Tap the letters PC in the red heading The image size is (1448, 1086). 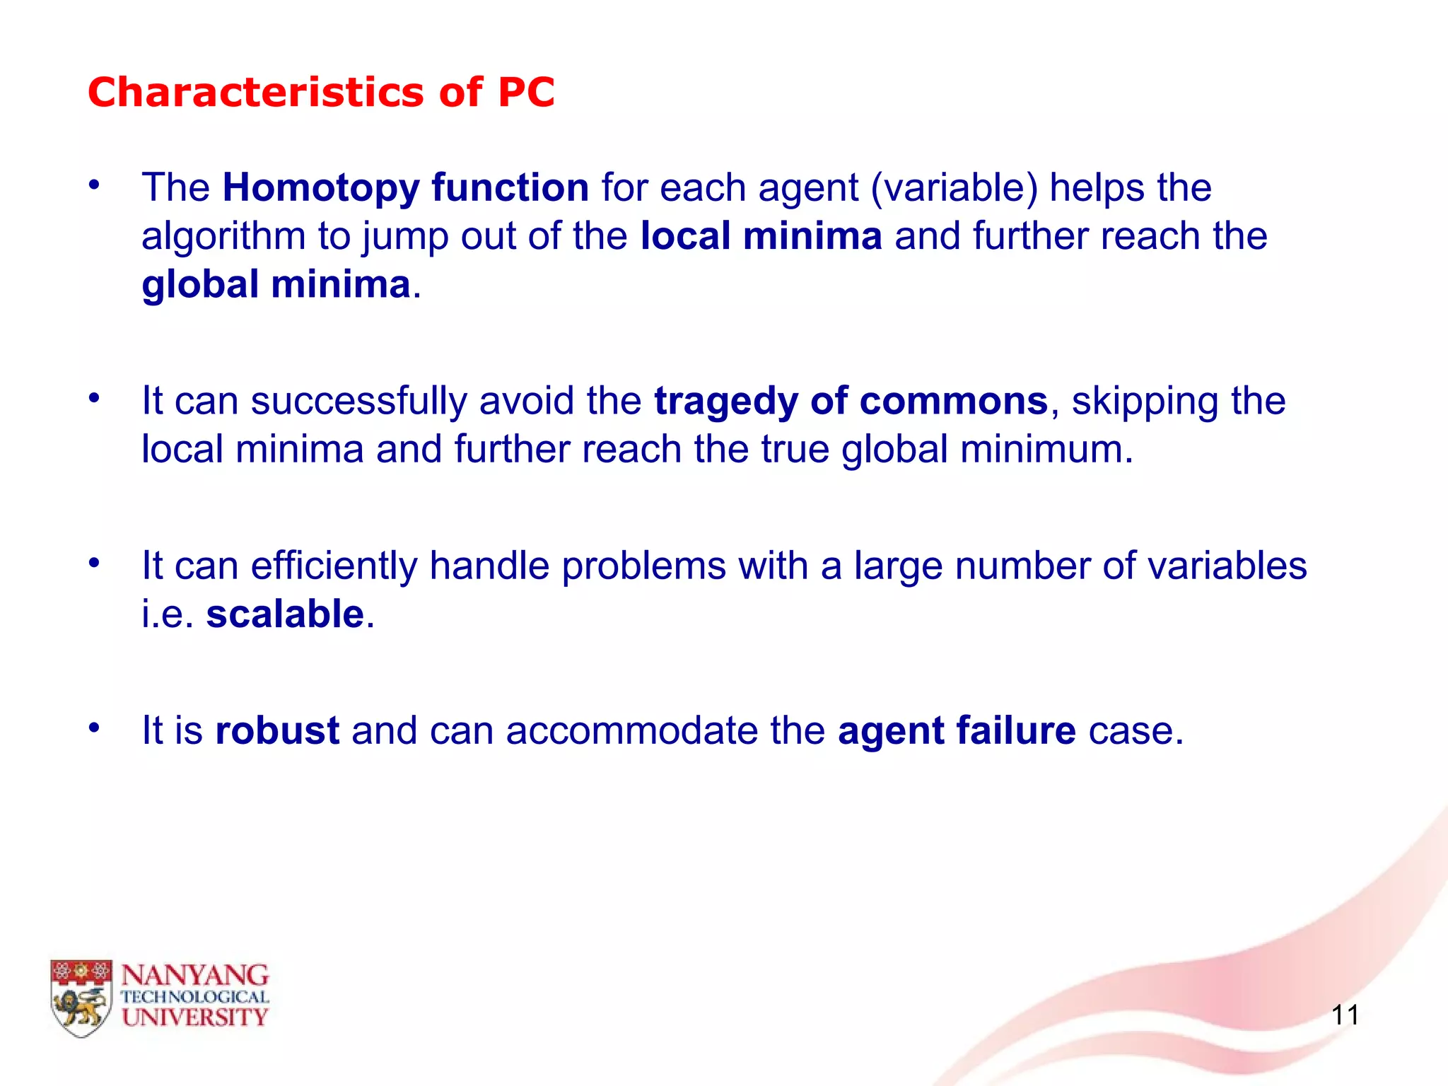(x=526, y=93)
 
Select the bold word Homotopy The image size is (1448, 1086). (x=321, y=189)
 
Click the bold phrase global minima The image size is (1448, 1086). (x=276, y=284)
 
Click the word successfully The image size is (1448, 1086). (x=358, y=401)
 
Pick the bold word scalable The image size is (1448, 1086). (x=285, y=614)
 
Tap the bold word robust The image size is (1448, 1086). (x=277, y=730)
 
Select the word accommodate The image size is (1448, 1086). (x=631, y=730)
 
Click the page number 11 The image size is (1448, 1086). (x=1345, y=1015)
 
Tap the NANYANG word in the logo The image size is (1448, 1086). (x=194, y=976)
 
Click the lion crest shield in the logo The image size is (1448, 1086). (x=81, y=998)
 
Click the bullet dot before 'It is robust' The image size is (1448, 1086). (x=94, y=727)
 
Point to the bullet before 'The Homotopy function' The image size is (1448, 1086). (x=94, y=185)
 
